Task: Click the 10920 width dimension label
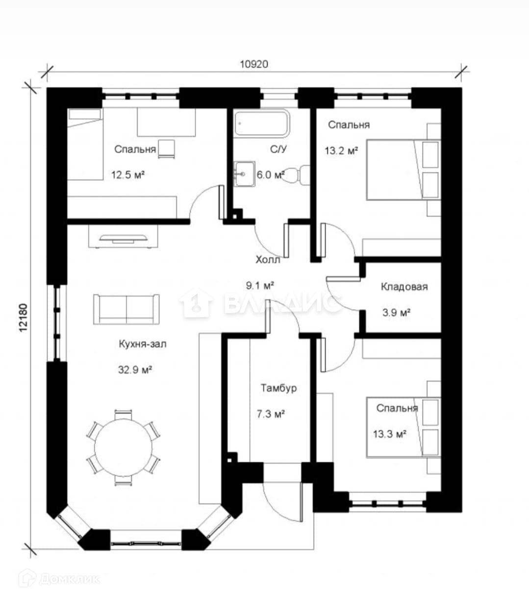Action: click(254, 64)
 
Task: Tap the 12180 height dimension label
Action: click(24, 317)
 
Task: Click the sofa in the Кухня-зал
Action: click(126, 309)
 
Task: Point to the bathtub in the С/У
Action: click(262, 124)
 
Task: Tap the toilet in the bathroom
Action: click(298, 175)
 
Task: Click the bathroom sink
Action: click(244, 174)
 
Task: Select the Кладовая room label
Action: click(404, 287)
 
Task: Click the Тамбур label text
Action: click(278, 388)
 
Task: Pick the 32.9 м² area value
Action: click(135, 369)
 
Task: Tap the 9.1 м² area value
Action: click(260, 286)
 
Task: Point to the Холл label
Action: click(268, 260)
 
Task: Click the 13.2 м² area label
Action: click(341, 151)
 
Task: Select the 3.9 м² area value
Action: click(396, 313)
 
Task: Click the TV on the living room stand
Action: click(123, 238)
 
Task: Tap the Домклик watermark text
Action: click(69, 579)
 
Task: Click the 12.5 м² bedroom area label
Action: click(127, 175)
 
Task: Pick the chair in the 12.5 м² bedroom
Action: click(166, 149)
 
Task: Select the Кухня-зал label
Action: click(142, 344)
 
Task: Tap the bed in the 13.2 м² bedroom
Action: click(403, 170)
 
